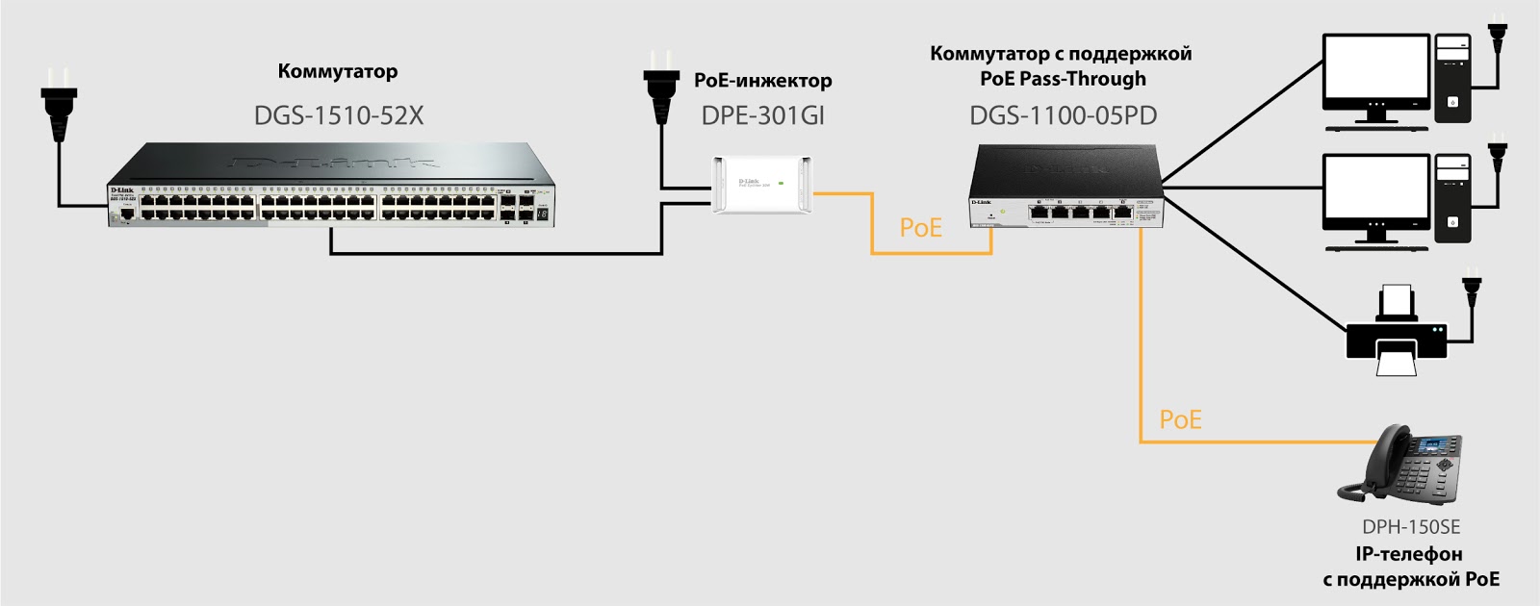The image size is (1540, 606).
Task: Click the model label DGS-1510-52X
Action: [338, 116]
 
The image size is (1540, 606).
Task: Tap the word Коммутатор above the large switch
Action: [337, 71]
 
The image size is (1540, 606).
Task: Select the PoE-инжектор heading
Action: [762, 81]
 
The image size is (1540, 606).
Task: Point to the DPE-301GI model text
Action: [762, 116]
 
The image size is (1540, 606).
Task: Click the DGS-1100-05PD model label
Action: [1063, 116]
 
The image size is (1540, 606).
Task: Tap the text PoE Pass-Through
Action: [1063, 79]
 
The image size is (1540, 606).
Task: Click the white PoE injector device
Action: [762, 184]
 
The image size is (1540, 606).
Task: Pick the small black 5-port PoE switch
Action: [1065, 188]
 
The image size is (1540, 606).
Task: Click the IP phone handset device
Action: [1401, 466]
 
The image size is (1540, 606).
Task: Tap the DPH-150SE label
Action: [1410, 527]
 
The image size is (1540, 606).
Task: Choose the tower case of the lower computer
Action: [1452, 197]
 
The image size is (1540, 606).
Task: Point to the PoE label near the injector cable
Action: [920, 228]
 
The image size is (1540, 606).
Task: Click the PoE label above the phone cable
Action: [1180, 420]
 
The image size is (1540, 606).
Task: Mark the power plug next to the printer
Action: [1471, 290]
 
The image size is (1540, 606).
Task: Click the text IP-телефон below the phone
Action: [1408, 554]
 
